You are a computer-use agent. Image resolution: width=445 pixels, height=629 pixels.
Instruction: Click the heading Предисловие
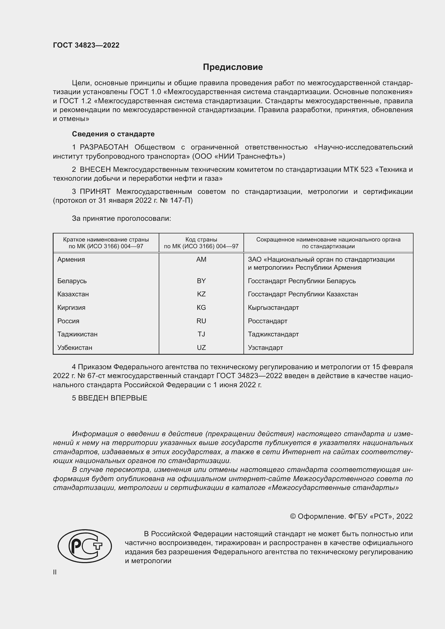pos(233,67)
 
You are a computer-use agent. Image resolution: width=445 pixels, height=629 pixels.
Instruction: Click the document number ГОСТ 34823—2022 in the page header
pos(86,45)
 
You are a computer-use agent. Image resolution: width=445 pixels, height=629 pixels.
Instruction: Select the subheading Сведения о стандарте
pos(113,134)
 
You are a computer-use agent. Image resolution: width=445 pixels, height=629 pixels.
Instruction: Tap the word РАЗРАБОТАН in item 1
pos(104,147)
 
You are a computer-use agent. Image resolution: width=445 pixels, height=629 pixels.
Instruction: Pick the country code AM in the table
pos(201,260)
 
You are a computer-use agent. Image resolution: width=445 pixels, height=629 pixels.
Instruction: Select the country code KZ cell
pos(201,294)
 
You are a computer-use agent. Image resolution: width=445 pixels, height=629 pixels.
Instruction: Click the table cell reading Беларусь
pos(72,281)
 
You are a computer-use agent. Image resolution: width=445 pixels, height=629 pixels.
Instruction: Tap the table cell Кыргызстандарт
pos(273,308)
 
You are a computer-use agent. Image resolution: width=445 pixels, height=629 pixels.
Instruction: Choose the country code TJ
pos(201,334)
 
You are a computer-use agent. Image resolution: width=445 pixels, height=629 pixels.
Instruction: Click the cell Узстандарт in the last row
pos(265,348)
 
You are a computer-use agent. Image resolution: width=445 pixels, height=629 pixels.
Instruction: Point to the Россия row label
pos(68,321)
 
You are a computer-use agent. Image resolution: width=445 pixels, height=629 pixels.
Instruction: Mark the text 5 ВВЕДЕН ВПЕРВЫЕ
pos(110,398)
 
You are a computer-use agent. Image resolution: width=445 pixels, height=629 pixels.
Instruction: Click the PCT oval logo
pos(85,546)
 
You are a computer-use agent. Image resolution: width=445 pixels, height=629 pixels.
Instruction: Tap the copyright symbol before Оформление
pos(293,516)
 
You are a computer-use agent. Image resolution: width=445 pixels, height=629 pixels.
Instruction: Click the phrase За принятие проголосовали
pos(121,219)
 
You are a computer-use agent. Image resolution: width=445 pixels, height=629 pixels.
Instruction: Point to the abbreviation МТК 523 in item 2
pos(358,170)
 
